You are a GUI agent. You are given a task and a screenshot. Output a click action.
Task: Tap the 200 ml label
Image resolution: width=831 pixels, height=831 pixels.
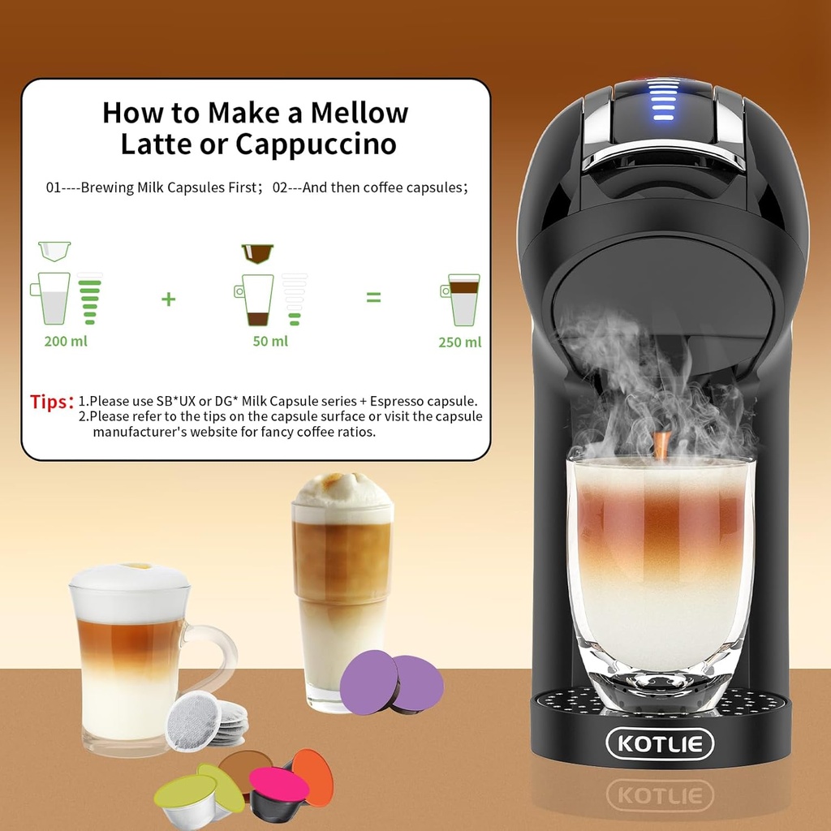66,341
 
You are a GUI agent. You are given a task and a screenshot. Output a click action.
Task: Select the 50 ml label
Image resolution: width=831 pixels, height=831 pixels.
270,341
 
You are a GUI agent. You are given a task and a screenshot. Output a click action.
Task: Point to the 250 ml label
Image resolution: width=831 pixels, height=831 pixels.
460,342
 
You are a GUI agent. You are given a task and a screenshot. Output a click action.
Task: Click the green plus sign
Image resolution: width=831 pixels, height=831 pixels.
168,299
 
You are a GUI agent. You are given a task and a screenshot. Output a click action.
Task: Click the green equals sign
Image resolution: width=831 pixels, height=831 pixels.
372,298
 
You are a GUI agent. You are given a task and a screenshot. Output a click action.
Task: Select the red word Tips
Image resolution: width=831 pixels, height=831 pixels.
51,402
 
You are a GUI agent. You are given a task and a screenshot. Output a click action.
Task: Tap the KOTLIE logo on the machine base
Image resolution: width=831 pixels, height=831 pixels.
660,743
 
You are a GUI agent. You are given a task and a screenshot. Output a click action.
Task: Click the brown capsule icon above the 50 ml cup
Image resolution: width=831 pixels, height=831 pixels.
257,253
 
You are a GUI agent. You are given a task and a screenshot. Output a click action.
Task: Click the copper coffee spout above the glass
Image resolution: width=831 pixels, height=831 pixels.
661,445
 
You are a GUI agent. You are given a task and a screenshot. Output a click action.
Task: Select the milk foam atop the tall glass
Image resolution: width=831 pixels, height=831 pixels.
342,490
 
